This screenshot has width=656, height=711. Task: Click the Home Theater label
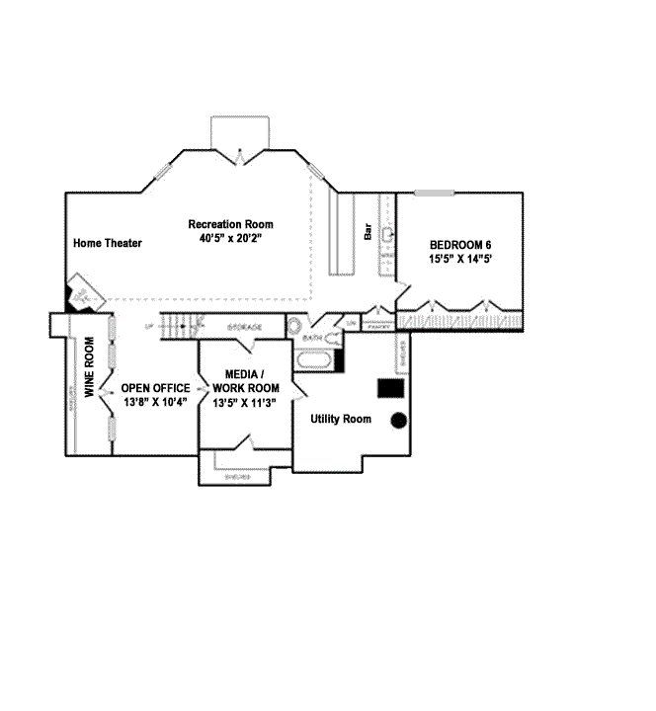pos(108,243)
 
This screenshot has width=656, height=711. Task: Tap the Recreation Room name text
pos(231,224)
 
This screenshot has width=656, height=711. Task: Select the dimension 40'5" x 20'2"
pos(231,238)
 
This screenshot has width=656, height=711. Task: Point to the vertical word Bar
pos(368,233)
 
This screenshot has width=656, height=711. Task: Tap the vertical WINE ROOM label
pos(89,367)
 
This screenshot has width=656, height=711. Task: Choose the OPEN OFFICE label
pos(155,388)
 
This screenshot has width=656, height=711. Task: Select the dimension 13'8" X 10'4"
pos(155,402)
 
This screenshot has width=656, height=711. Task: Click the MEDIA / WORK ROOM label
pos(245,381)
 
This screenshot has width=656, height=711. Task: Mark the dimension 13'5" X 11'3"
pos(245,402)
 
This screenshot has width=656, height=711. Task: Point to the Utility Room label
pos(341,419)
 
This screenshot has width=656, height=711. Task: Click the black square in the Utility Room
pos(392,387)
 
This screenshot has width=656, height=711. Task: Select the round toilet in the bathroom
pos(294,324)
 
